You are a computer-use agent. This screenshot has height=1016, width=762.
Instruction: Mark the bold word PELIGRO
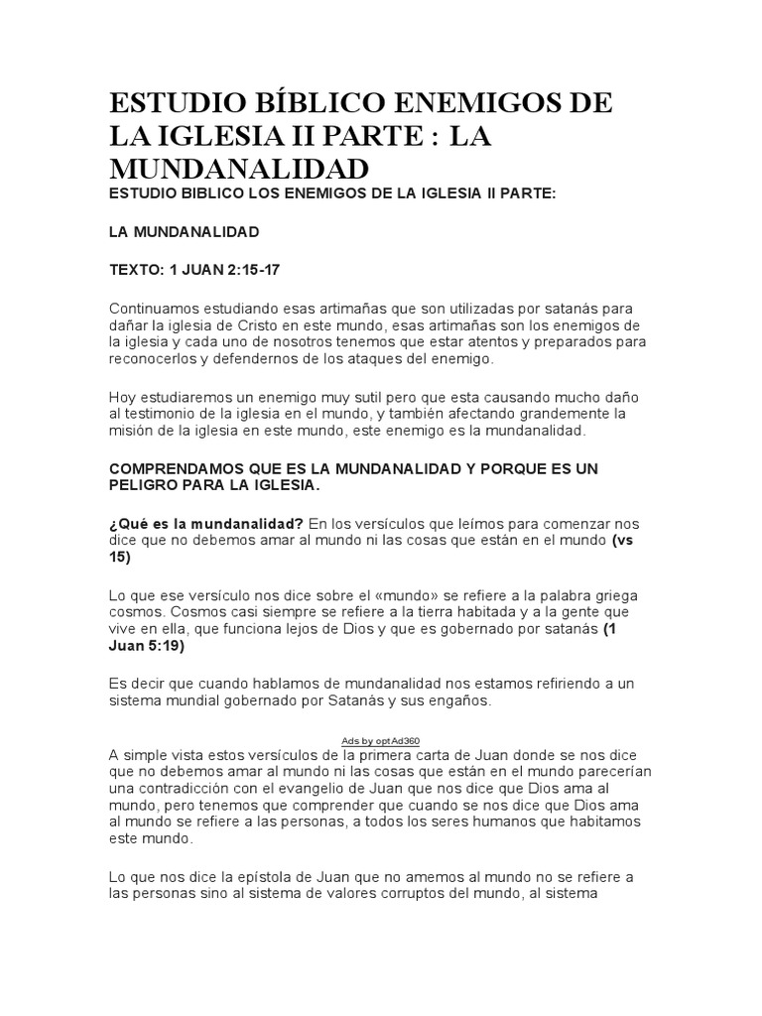pyautogui.click(x=145, y=485)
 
